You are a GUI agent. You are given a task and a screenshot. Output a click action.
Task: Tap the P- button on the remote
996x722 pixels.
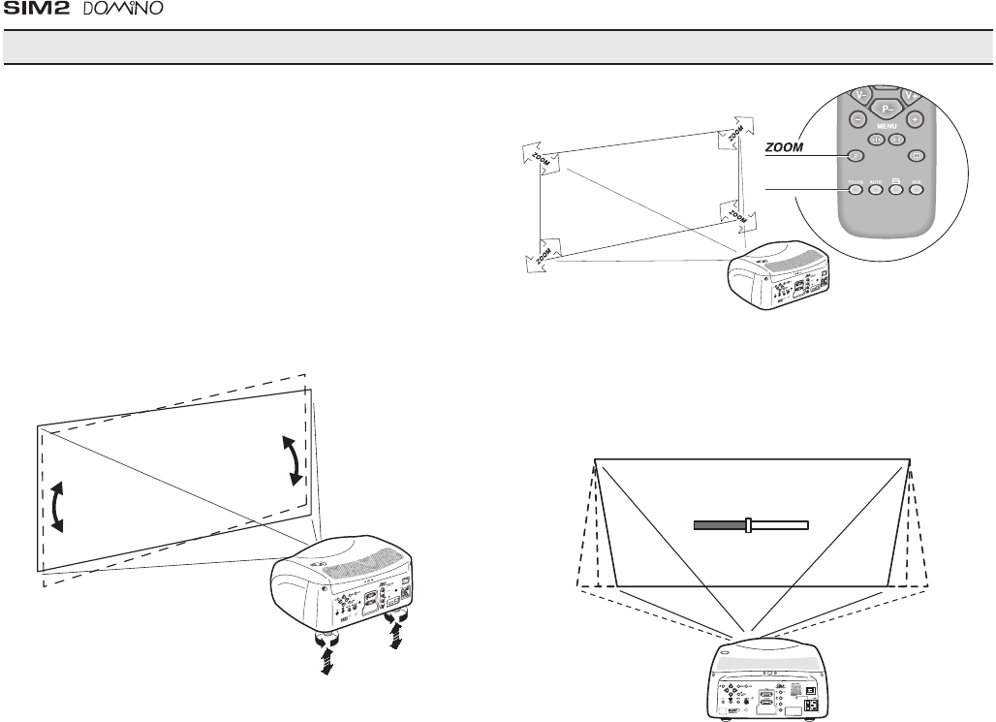[887, 110]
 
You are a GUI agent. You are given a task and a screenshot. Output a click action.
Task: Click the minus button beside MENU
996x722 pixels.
[858, 118]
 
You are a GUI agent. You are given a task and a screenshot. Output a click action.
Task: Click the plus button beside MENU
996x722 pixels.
[914, 118]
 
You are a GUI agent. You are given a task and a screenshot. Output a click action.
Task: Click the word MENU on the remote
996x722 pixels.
[887, 127]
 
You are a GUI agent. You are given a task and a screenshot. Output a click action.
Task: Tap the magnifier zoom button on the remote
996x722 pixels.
[856, 155]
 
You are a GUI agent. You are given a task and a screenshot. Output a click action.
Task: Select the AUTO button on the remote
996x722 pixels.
[876, 189]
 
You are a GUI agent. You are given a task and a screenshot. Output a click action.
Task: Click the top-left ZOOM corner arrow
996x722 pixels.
[534, 155]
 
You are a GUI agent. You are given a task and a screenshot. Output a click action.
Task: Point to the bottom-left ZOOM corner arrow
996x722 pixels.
[540, 256]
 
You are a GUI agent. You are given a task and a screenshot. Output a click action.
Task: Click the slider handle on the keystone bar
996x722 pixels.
[748, 524]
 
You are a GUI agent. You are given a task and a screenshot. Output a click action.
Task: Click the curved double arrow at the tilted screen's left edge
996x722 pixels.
[58, 505]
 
